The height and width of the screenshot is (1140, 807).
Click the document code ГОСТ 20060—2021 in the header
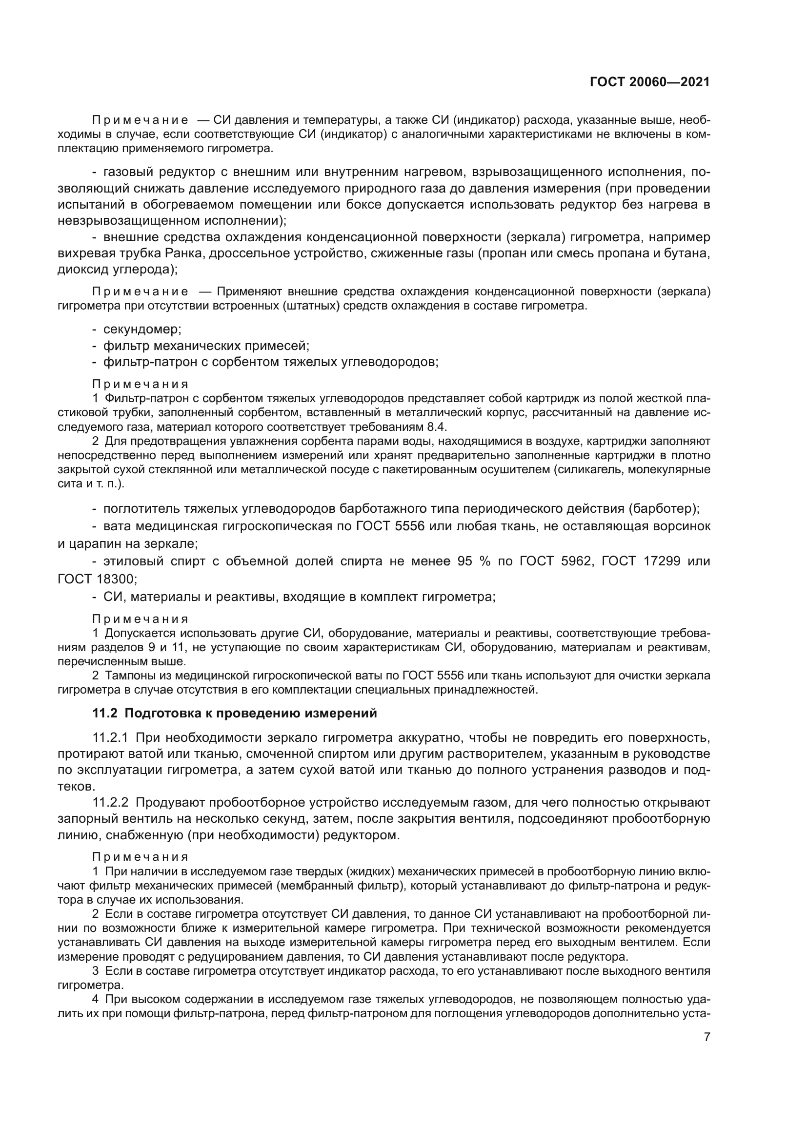(x=649, y=82)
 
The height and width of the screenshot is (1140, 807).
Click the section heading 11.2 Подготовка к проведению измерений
(x=235, y=714)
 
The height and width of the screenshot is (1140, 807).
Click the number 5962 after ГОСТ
(x=576, y=561)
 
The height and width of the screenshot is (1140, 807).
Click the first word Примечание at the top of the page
(x=141, y=120)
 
